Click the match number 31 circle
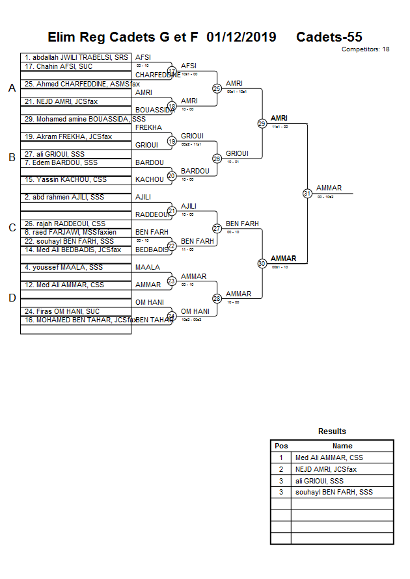[x=307, y=193]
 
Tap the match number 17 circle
[x=172, y=71]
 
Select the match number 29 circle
[x=262, y=123]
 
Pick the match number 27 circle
[x=217, y=228]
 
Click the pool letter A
[x=12, y=88]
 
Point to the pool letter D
[x=12, y=298]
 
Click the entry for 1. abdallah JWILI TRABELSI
[x=76, y=57]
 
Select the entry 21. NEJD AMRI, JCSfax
[x=62, y=101]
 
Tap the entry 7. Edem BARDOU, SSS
[x=61, y=162]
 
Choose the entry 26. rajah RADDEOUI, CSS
[x=65, y=224]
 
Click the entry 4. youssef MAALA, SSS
[x=63, y=267]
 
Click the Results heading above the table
[x=332, y=431]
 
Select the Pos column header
[x=281, y=446]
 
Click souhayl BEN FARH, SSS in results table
[x=334, y=492]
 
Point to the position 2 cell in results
[x=281, y=469]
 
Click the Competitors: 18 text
[x=365, y=49]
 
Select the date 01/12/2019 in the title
[x=241, y=37]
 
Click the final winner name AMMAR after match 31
[x=329, y=188]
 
